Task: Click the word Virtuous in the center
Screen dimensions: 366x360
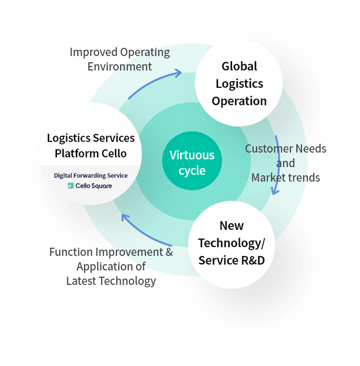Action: pos(192,155)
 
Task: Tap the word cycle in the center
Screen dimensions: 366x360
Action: pos(192,170)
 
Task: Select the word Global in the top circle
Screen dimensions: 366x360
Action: pos(239,66)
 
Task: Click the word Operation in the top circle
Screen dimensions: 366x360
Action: pos(239,101)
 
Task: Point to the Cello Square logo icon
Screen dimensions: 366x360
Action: pos(70,185)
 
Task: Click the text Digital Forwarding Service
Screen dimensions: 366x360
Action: pos(91,175)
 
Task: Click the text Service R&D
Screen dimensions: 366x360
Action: pos(232,260)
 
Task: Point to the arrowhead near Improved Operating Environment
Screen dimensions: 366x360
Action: pos(179,73)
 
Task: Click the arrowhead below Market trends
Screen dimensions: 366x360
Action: pos(274,191)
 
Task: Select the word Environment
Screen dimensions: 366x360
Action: pos(120,67)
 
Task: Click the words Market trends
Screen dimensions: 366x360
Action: pos(286,178)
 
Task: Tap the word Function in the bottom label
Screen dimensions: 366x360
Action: pos(71,252)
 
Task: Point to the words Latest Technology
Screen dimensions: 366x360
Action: pos(111,281)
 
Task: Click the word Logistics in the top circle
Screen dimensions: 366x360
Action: pos(239,84)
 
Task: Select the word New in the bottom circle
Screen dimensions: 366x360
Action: pos(232,225)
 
